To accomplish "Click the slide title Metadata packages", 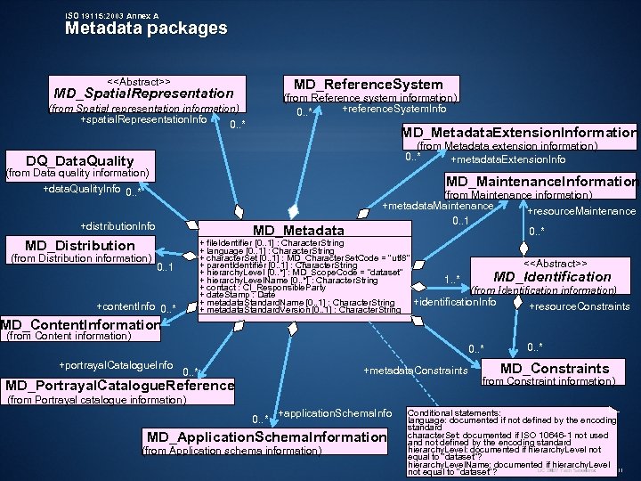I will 146,28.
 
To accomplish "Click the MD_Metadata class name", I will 299,230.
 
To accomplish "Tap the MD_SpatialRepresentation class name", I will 143,93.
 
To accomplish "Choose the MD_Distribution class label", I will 80,245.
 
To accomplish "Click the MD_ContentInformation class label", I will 80,324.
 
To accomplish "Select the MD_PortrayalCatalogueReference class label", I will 119,386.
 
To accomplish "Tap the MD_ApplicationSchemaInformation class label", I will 266,437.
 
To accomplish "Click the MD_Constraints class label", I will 555,368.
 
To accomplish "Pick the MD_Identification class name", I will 553,276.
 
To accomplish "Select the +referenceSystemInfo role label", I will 394,109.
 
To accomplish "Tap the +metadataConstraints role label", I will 416,371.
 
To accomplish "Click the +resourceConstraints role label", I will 580,306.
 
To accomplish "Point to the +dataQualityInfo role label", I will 82,190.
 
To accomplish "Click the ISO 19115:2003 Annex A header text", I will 112,16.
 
